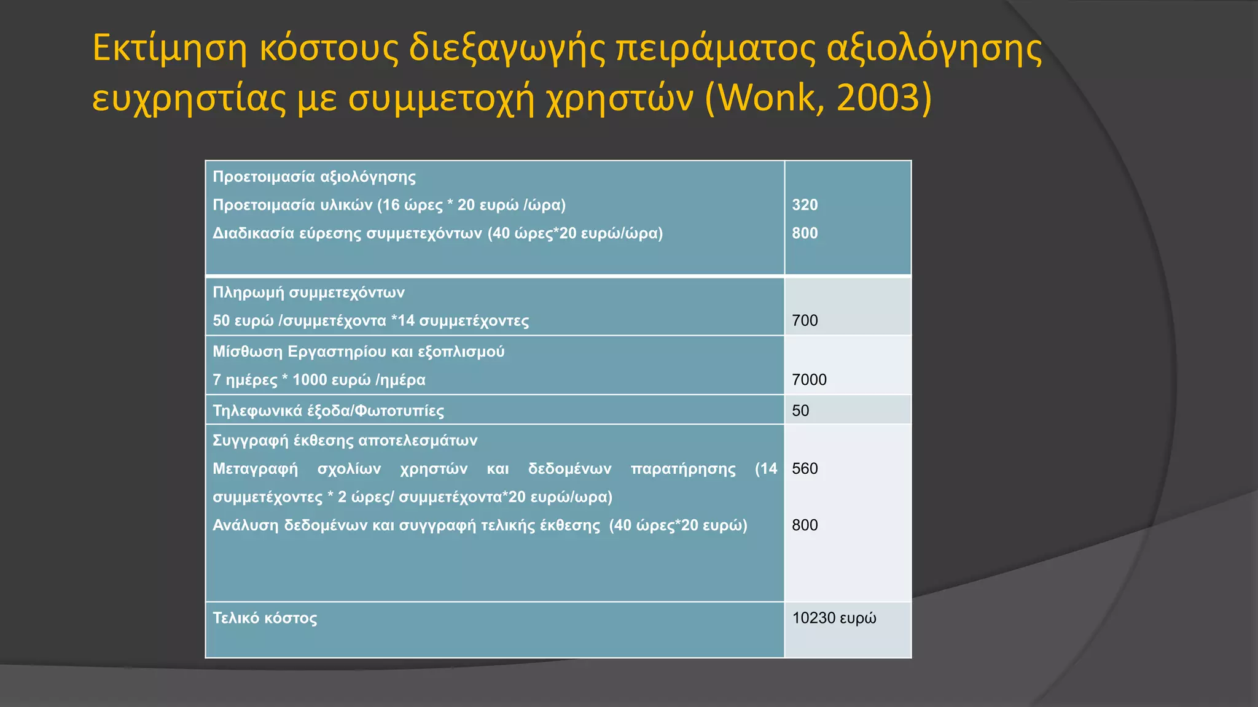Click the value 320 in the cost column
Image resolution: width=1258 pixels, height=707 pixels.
[x=805, y=205]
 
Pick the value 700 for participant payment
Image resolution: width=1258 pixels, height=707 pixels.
[x=805, y=320]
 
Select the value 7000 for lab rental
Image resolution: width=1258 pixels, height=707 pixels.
[x=809, y=380]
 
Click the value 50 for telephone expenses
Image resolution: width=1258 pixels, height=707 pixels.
[x=800, y=411]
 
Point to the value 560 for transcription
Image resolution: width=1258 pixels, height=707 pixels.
[x=805, y=469]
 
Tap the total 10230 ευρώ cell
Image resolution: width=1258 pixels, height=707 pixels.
[x=834, y=618]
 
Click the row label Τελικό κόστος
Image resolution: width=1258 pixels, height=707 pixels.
[x=265, y=618]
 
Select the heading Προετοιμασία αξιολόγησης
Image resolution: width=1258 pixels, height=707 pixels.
[x=314, y=177]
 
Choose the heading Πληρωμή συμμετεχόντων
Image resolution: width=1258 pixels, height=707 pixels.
[x=308, y=292]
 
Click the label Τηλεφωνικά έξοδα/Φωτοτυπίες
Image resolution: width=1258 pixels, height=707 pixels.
[x=328, y=411]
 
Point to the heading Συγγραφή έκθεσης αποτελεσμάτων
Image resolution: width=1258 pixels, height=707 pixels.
[x=345, y=441]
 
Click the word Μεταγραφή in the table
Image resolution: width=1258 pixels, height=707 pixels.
[x=255, y=469]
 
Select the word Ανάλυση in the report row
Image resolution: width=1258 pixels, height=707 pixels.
[x=245, y=525]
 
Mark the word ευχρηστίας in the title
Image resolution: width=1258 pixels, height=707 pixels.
[x=189, y=98]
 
